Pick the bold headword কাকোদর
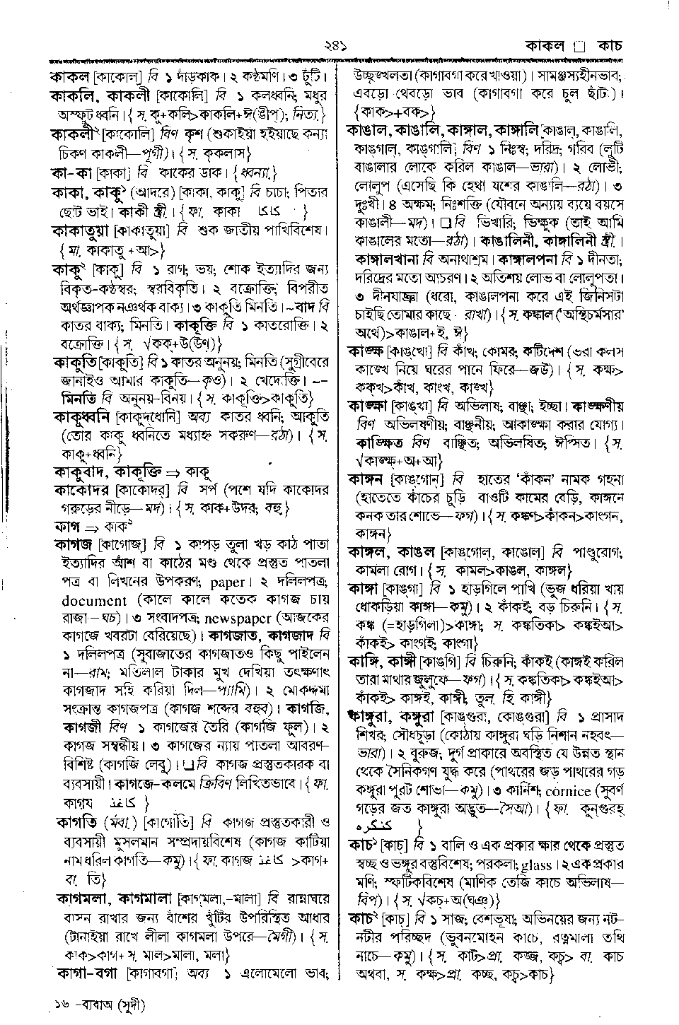click(x=79, y=488)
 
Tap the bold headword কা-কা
click(x=69, y=172)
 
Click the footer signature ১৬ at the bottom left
click(x=60, y=1004)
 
